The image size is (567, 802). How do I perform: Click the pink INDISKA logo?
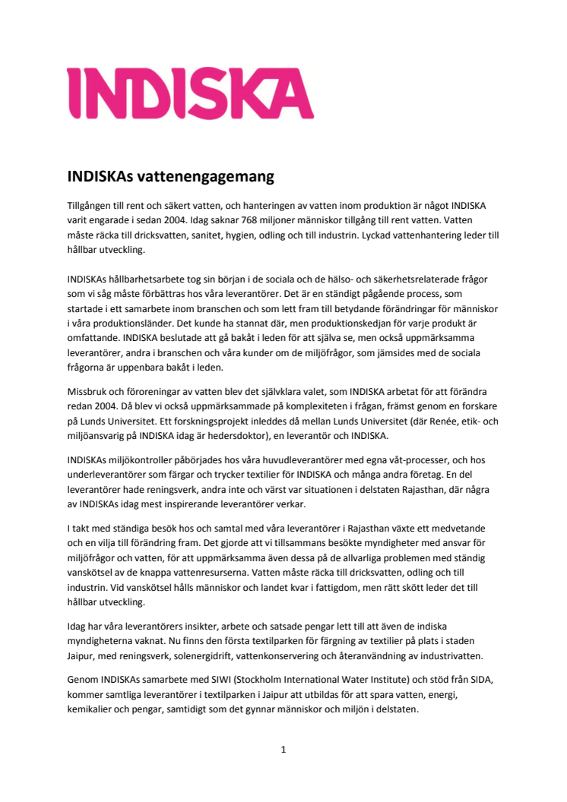pyautogui.click(x=190, y=93)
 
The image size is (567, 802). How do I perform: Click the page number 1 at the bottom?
pyautogui.click(x=283, y=750)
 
